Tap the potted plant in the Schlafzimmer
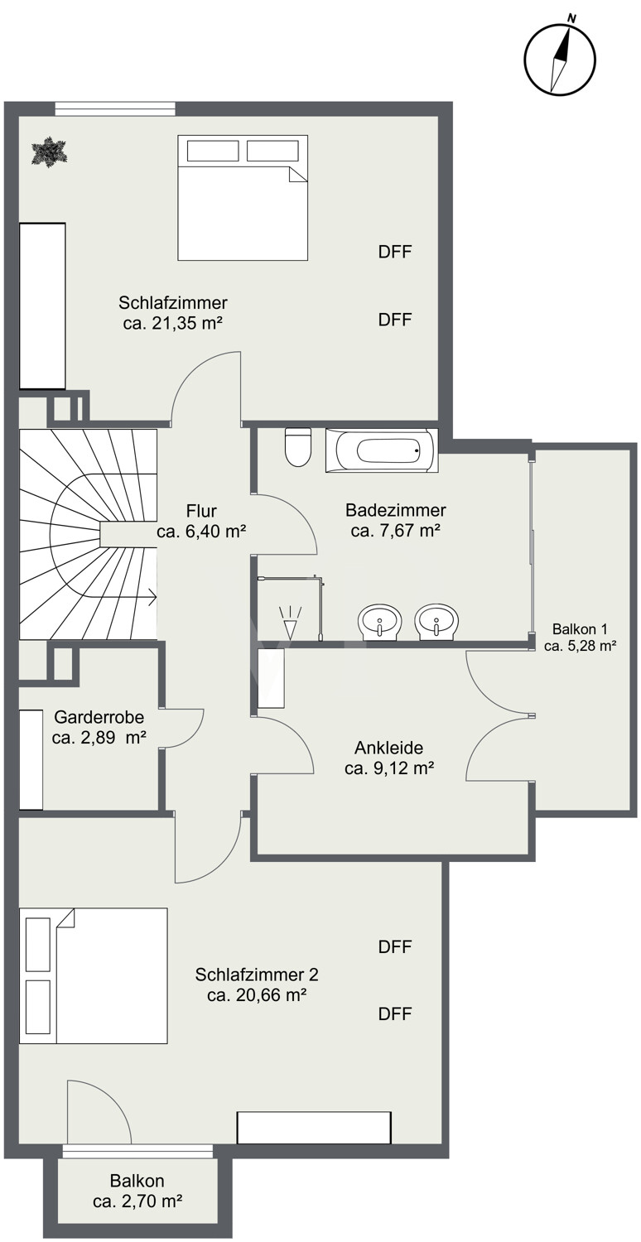point(49,149)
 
